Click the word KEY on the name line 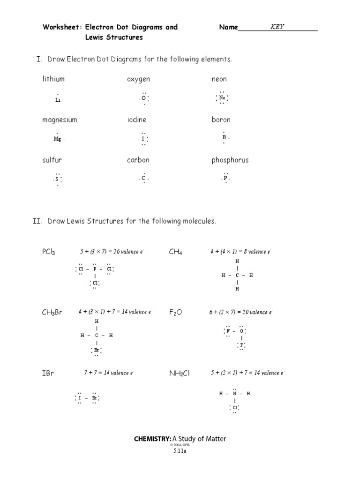tap(277, 27)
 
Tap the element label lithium tap(53, 79)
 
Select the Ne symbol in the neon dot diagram tap(222, 98)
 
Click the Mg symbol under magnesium tap(57, 139)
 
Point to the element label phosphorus tap(230, 160)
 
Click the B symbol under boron tap(224, 138)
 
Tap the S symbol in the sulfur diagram tap(57, 179)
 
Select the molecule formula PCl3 tap(48, 252)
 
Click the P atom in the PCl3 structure tap(95, 269)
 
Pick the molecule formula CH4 tap(175, 252)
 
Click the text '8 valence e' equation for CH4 tap(240, 252)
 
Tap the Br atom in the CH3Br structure tap(97, 350)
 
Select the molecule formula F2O tap(175, 313)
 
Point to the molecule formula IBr tap(48, 374)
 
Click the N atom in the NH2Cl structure tap(234, 394)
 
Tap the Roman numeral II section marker tap(37, 221)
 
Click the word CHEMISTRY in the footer tap(152, 439)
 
